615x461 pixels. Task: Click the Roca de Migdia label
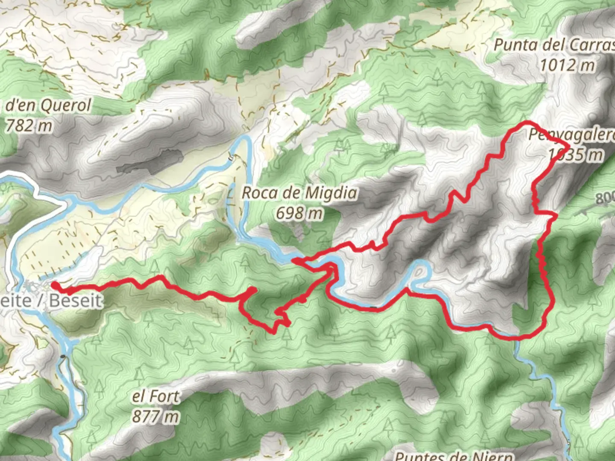pos(299,193)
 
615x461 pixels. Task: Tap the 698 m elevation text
pos(299,212)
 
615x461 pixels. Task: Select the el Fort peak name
pos(156,397)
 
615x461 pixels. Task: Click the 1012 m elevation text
pos(567,65)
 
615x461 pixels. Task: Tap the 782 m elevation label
pos(29,125)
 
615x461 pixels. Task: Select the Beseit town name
pos(76,301)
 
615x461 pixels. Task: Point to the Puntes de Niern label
pos(454,455)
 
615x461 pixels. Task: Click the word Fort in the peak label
pos(162,397)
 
